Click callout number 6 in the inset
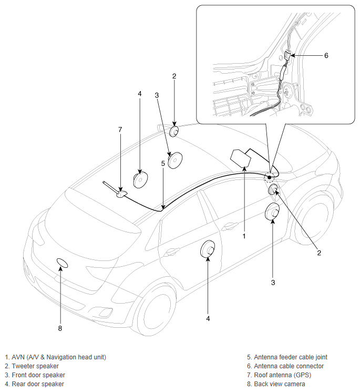tap(326, 55)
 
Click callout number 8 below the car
tap(60, 328)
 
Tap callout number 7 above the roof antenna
tap(120, 130)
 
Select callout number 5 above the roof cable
tap(163, 164)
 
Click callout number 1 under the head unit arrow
tap(244, 236)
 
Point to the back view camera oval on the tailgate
tap(62, 263)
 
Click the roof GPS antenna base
tap(122, 194)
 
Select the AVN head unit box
tap(240, 158)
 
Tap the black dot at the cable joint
tap(270, 177)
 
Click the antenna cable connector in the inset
tap(287, 55)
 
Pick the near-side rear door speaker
tap(208, 248)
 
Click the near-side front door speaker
tap(272, 211)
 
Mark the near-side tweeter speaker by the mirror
tap(273, 190)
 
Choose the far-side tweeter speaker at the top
tap(174, 131)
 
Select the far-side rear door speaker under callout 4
tap(140, 179)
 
